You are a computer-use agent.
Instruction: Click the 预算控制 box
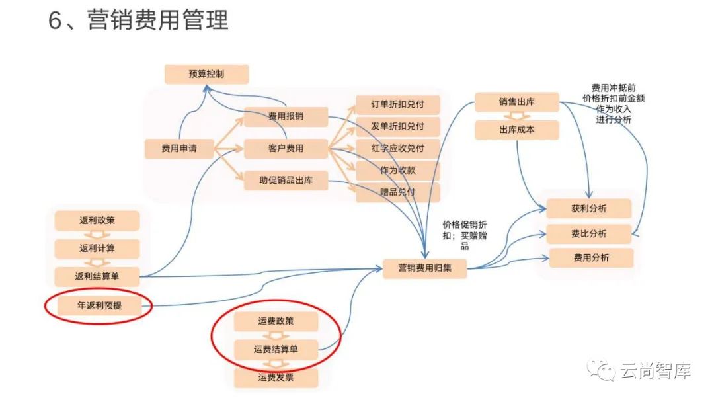pyautogui.click(x=206, y=74)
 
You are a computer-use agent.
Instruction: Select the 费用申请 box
pyautogui.click(x=178, y=149)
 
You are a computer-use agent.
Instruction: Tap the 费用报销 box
pyautogui.click(x=286, y=117)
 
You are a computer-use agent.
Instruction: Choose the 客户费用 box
pyautogui.click(x=286, y=149)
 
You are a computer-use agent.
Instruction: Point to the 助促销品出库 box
pyautogui.click(x=286, y=181)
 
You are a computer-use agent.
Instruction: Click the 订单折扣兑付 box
pyautogui.click(x=398, y=104)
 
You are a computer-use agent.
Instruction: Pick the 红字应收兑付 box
pyautogui.click(x=398, y=148)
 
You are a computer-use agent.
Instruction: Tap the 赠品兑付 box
pyautogui.click(x=398, y=192)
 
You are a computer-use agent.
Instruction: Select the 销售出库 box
pyautogui.click(x=516, y=103)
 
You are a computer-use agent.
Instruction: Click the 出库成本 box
pyautogui.click(x=516, y=130)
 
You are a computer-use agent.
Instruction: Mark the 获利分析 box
pyautogui.click(x=589, y=209)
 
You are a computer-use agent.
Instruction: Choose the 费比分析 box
pyautogui.click(x=589, y=233)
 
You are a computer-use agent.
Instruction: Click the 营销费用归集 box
pyautogui.click(x=426, y=268)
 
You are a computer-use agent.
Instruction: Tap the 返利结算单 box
pyautogui.click(x=97, y=276)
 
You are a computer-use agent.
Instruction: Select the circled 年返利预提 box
pyautogui.click(x=99, y=305)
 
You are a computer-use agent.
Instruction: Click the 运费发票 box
pyautogui.click(x=276, y=378)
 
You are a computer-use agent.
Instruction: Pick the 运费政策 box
pyautogui.click(x=276, y=321)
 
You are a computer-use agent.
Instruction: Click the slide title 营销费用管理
pyautogui.click(x=138, y=20)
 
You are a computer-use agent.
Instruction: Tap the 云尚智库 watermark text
pyautogui.click(x=654, y=372)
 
